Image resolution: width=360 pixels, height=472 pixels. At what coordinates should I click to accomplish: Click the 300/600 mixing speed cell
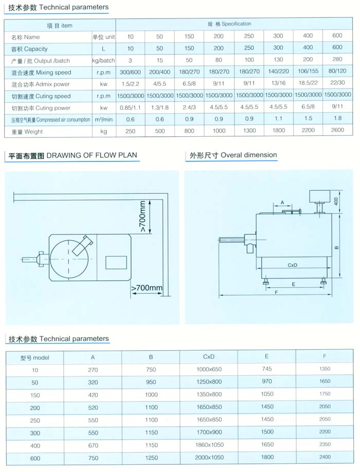point(130,72)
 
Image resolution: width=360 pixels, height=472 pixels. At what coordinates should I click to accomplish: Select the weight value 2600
point(337,132)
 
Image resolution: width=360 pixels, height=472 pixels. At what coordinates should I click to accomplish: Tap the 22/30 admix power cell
point(337,84)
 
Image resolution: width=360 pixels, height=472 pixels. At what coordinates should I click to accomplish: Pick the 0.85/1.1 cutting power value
point(130,108)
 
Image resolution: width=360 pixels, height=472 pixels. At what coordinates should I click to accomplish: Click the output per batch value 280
point(337,61)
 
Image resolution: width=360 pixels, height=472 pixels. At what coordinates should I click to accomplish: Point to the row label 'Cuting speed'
point(41,96)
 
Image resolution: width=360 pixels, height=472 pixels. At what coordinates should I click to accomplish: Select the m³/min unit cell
point(103,120)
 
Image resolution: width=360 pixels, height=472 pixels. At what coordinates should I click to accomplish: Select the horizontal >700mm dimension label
point(147,288)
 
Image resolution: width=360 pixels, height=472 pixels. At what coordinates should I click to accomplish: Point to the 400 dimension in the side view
point(336,201)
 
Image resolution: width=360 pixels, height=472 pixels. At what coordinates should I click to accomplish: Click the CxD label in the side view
point(293,265)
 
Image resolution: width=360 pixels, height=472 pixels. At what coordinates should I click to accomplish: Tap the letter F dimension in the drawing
point(276,293)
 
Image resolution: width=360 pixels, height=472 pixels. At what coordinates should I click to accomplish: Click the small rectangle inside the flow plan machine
point(116,262)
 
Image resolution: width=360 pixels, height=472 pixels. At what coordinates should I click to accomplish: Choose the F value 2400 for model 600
point(325,457)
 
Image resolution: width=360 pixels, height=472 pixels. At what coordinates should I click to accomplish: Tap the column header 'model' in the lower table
point(34,357)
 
